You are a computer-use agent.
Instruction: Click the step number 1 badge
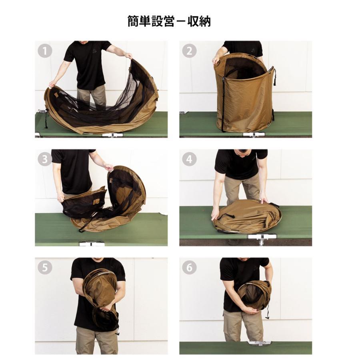click(x=45, y=51)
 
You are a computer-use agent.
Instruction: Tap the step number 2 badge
click(x=189, y=51)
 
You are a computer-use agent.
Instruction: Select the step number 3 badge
click(x=45, y=159)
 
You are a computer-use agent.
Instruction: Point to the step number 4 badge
click(x=189, y=159)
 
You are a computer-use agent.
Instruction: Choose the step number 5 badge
click(x=45, y=268)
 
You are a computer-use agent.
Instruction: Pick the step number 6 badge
click(x=189, y=268)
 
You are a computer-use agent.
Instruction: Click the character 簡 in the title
click(x=133, y=21)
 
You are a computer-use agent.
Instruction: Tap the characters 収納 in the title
click(x=199, y=21)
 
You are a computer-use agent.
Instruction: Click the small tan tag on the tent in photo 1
click(x=56, y=94)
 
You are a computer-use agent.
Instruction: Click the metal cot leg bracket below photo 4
click(x=262, y=239)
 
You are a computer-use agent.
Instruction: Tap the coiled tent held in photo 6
click(x=254, y=296)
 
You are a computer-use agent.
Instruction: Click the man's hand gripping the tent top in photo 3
click(x=109, y=167)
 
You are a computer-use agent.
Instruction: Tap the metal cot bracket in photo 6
click(x=260, y=343)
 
